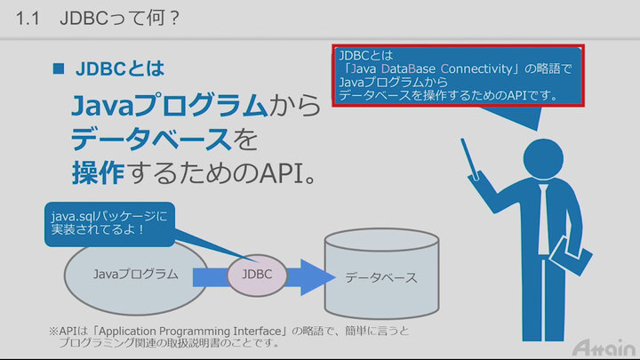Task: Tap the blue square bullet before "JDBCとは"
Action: pos(60,68)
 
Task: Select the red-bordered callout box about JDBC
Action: pos(459,76)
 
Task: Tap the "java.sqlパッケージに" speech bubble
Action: pos(107,225)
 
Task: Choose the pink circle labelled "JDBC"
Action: pos(257,275)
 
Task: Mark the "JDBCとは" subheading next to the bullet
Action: pos(120,68)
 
